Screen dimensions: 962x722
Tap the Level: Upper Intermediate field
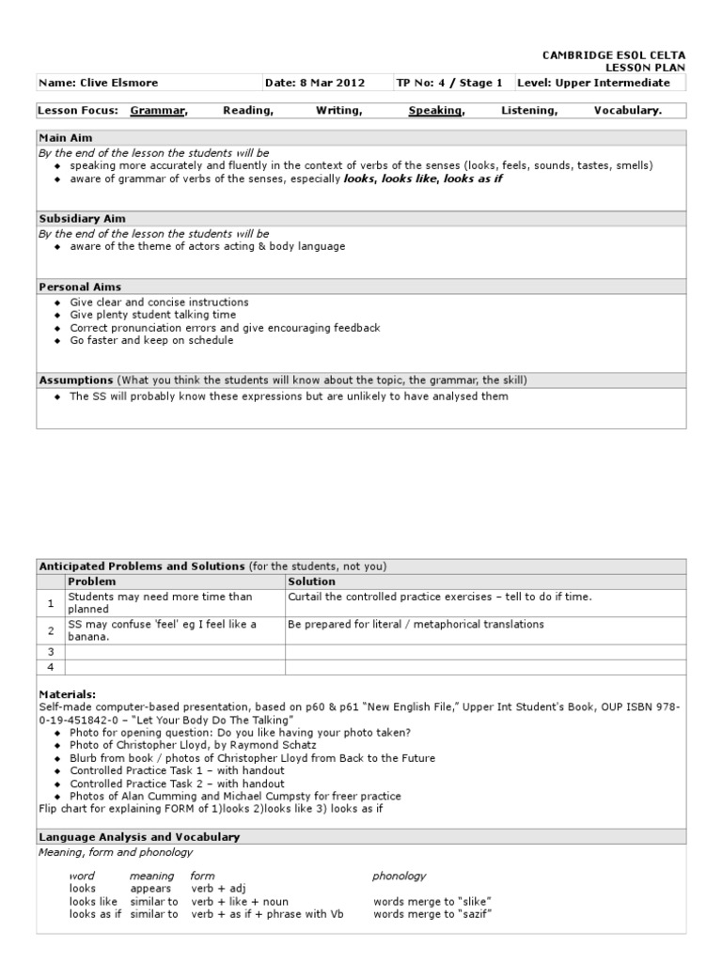(601, 83)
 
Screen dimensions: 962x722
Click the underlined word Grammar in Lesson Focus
(158, 111)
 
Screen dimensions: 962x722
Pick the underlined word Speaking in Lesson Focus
(436, 111)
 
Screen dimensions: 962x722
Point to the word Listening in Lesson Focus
(529, 111)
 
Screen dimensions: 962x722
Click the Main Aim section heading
(65, 138)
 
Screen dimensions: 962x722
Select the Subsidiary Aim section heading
(82, 218)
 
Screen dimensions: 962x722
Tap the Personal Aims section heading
(79, 287)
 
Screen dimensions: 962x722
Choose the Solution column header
(311, 582)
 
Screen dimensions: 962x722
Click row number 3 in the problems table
(51, 651)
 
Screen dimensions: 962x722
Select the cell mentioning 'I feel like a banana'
(162, 630)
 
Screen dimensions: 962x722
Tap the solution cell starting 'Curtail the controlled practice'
(440, 597)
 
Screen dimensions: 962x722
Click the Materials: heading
(68, 694)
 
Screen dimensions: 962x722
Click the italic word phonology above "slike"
(399, 876)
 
